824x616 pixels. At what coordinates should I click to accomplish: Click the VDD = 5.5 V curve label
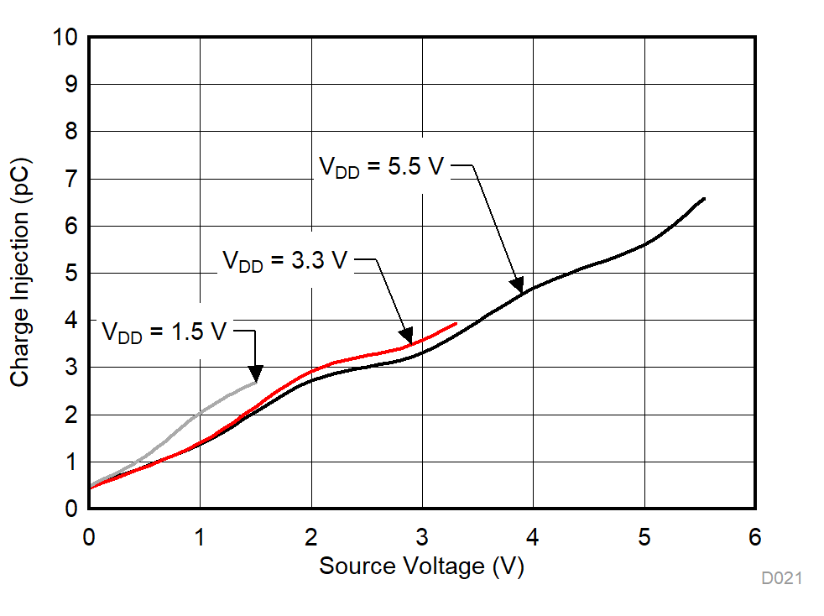click(x=381, y=166)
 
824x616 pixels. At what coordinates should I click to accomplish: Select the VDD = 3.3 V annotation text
click(x=284, y=260)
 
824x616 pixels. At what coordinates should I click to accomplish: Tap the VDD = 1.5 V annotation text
click(x=164, y=331)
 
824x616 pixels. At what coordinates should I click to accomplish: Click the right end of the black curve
click(x=704, y=199)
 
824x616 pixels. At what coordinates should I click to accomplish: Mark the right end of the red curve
click(x=456, y=323)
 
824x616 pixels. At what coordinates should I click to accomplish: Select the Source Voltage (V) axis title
click(x=421, y=566)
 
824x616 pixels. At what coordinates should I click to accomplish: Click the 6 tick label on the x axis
click(x=755, y=538)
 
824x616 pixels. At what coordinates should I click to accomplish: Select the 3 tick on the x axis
click(x=422, y=538)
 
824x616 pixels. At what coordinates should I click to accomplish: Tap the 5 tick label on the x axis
click(x=644, y=538)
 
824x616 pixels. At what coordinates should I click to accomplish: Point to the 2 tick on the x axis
click(x=311, y=538)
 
